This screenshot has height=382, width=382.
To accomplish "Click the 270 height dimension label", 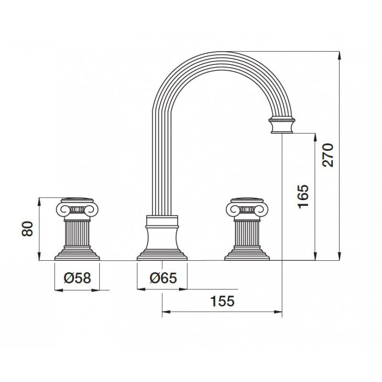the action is click(328, 155).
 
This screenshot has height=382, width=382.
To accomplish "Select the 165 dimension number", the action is click(303, 197).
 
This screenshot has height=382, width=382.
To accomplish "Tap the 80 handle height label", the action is click(27, 229).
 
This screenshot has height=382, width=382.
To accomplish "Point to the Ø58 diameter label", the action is click(77, 278).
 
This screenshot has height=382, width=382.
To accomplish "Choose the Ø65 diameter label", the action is click(163, 278).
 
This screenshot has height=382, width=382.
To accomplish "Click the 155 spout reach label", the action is click(223, 301).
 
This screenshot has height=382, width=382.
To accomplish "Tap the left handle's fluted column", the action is click(77, 233).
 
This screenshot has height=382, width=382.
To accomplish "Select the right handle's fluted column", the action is click(247, 233).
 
